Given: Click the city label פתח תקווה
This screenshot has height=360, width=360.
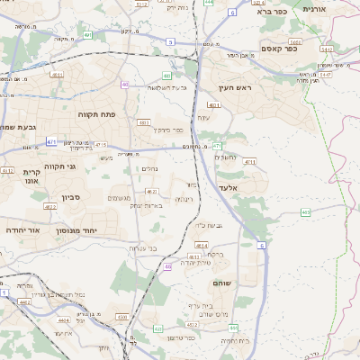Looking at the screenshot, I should tap(94, 114).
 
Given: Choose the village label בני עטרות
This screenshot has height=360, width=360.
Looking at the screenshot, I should tap(142, 247).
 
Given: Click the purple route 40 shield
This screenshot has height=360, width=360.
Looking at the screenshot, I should tap(124, 85).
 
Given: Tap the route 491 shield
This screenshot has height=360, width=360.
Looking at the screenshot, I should tap(88, 35).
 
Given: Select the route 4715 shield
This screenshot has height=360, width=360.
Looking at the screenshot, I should tap(100, 144).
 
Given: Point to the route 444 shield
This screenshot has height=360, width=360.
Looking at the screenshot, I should tap(208, 3).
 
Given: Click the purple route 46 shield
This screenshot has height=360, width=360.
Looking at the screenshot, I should tap(168, 266).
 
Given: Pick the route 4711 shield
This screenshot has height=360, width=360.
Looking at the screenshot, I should tap(250, 162).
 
